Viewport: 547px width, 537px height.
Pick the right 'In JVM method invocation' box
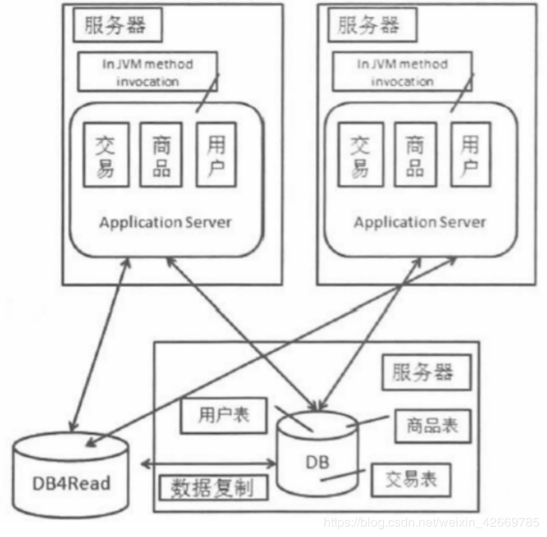402,72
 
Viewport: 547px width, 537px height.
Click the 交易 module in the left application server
105,155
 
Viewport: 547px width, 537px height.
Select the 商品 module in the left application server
161,155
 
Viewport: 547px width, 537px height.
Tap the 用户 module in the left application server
215,155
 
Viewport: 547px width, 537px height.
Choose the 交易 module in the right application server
360,155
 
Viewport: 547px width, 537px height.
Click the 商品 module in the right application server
415,155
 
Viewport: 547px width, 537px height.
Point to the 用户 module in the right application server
469,155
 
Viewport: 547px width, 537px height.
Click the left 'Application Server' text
165,222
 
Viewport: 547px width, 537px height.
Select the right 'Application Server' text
419,222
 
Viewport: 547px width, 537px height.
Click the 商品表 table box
425,427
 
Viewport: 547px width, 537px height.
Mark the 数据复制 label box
212,488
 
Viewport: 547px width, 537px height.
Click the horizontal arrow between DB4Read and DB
208,463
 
